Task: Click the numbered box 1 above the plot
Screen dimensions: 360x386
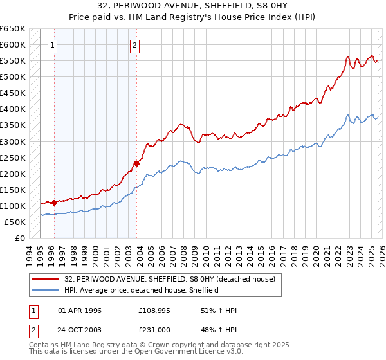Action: click(x=51, y=45)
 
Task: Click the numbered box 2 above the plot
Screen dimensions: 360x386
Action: click(x=134, y=45)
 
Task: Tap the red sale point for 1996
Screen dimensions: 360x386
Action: click(x=54, y=203)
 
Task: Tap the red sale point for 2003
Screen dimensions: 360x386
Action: click(x=137, y=163)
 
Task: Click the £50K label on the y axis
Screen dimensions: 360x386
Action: click(x=15, y=222)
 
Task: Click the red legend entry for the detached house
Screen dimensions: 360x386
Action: click(x=170, y=279)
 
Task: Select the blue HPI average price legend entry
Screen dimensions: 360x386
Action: click(x=142, y=290)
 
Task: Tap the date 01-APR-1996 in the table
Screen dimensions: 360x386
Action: click(x=80, y=310)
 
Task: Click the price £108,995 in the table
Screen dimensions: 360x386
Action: click(x=154, y=310)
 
